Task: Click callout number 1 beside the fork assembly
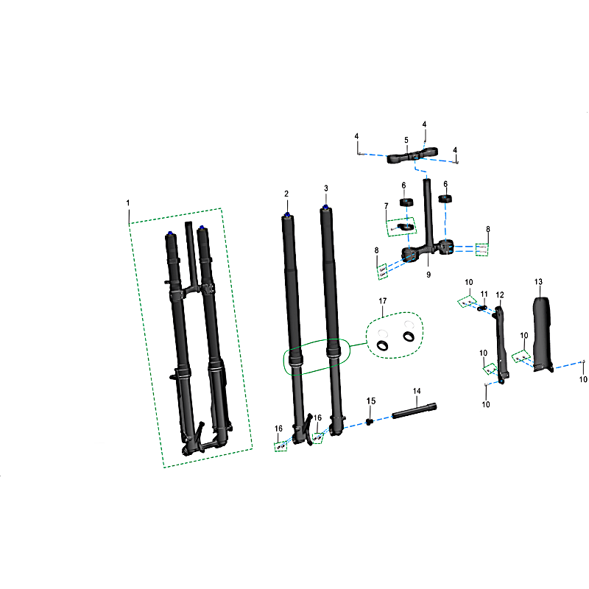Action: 128,203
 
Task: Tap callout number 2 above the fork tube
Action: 286,194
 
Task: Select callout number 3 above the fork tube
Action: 325,188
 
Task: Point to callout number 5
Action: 406,140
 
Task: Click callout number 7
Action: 386,206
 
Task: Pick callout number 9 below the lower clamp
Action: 428,275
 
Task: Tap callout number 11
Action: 484,294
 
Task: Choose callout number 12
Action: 500,295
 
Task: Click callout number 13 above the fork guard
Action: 538,282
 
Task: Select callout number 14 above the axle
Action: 417,391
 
